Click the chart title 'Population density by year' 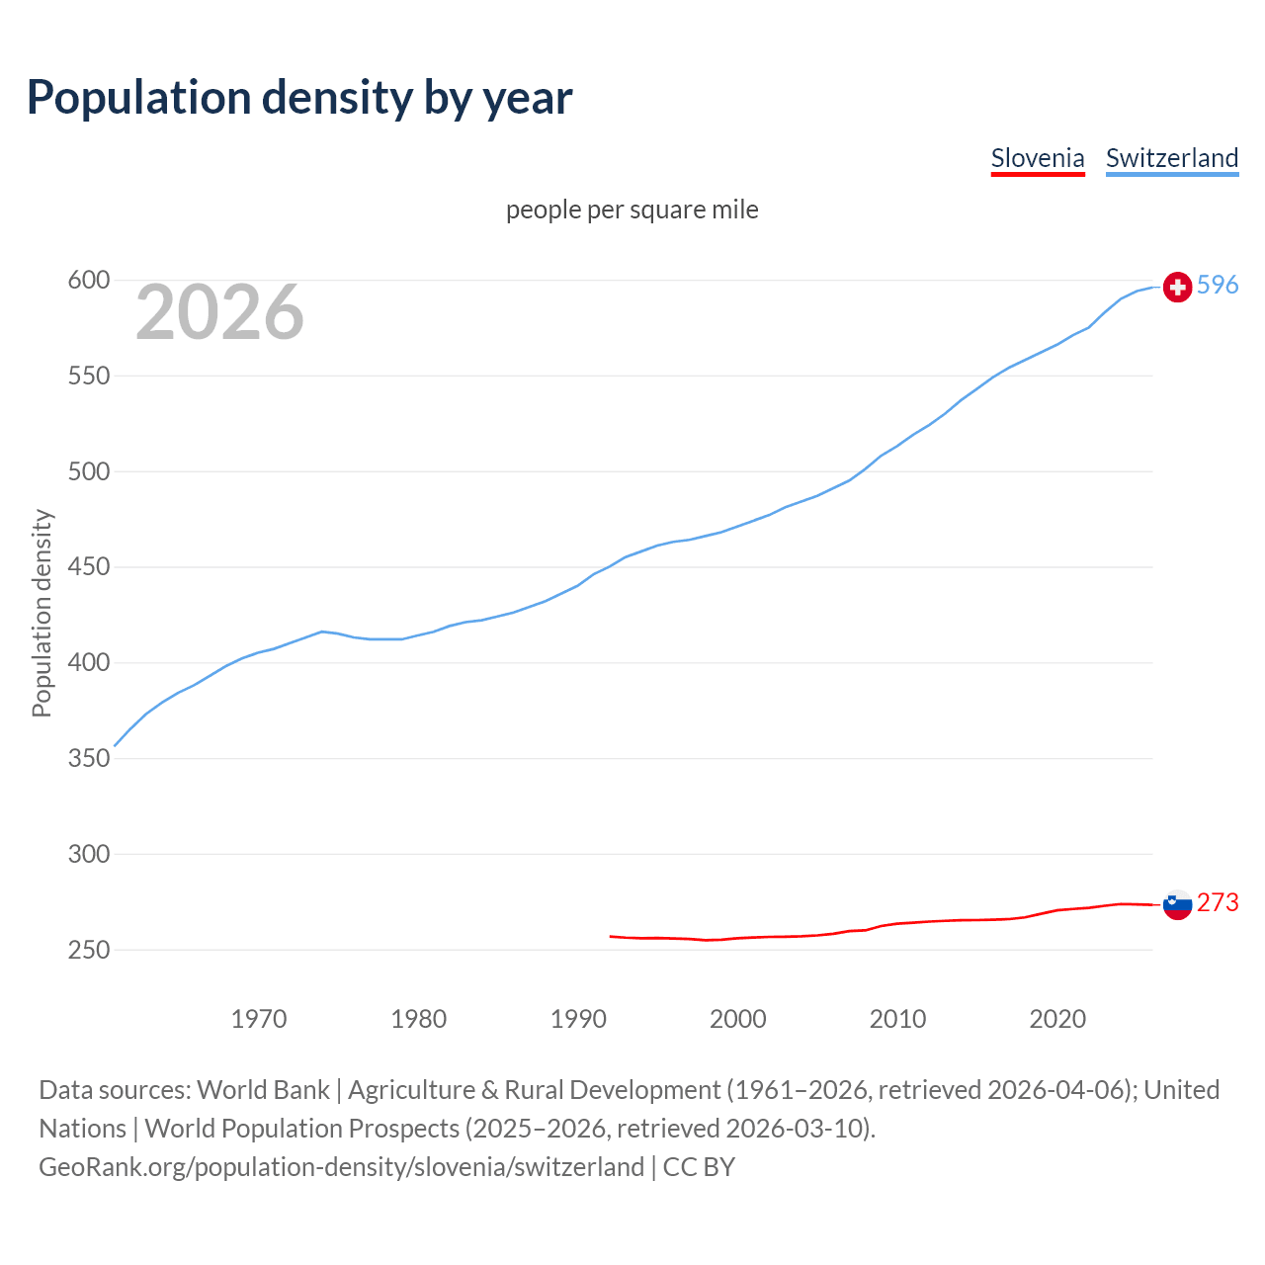coord(299,97)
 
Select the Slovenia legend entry coord(1038,158)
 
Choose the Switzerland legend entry coord(1172,158)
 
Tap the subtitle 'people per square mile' coord(632,210)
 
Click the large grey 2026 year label coord(219,312)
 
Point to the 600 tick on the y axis coord(88,281)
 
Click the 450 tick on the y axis coord(88,567)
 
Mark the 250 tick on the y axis coord(88,950)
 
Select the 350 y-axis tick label coord(88,759)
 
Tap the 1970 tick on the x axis coord(259,1019)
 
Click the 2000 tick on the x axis coord(738,1019)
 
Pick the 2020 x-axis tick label coord(1057,1019)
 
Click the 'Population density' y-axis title coord(42,613)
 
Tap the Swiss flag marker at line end coord(1177,287)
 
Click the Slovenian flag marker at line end coord(1177,904)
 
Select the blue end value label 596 coord(1218,286)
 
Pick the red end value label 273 coord(1218,903)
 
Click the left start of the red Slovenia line coord(612,936)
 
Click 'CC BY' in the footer coord(699,1167)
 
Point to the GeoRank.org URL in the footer coord(341,1167)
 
